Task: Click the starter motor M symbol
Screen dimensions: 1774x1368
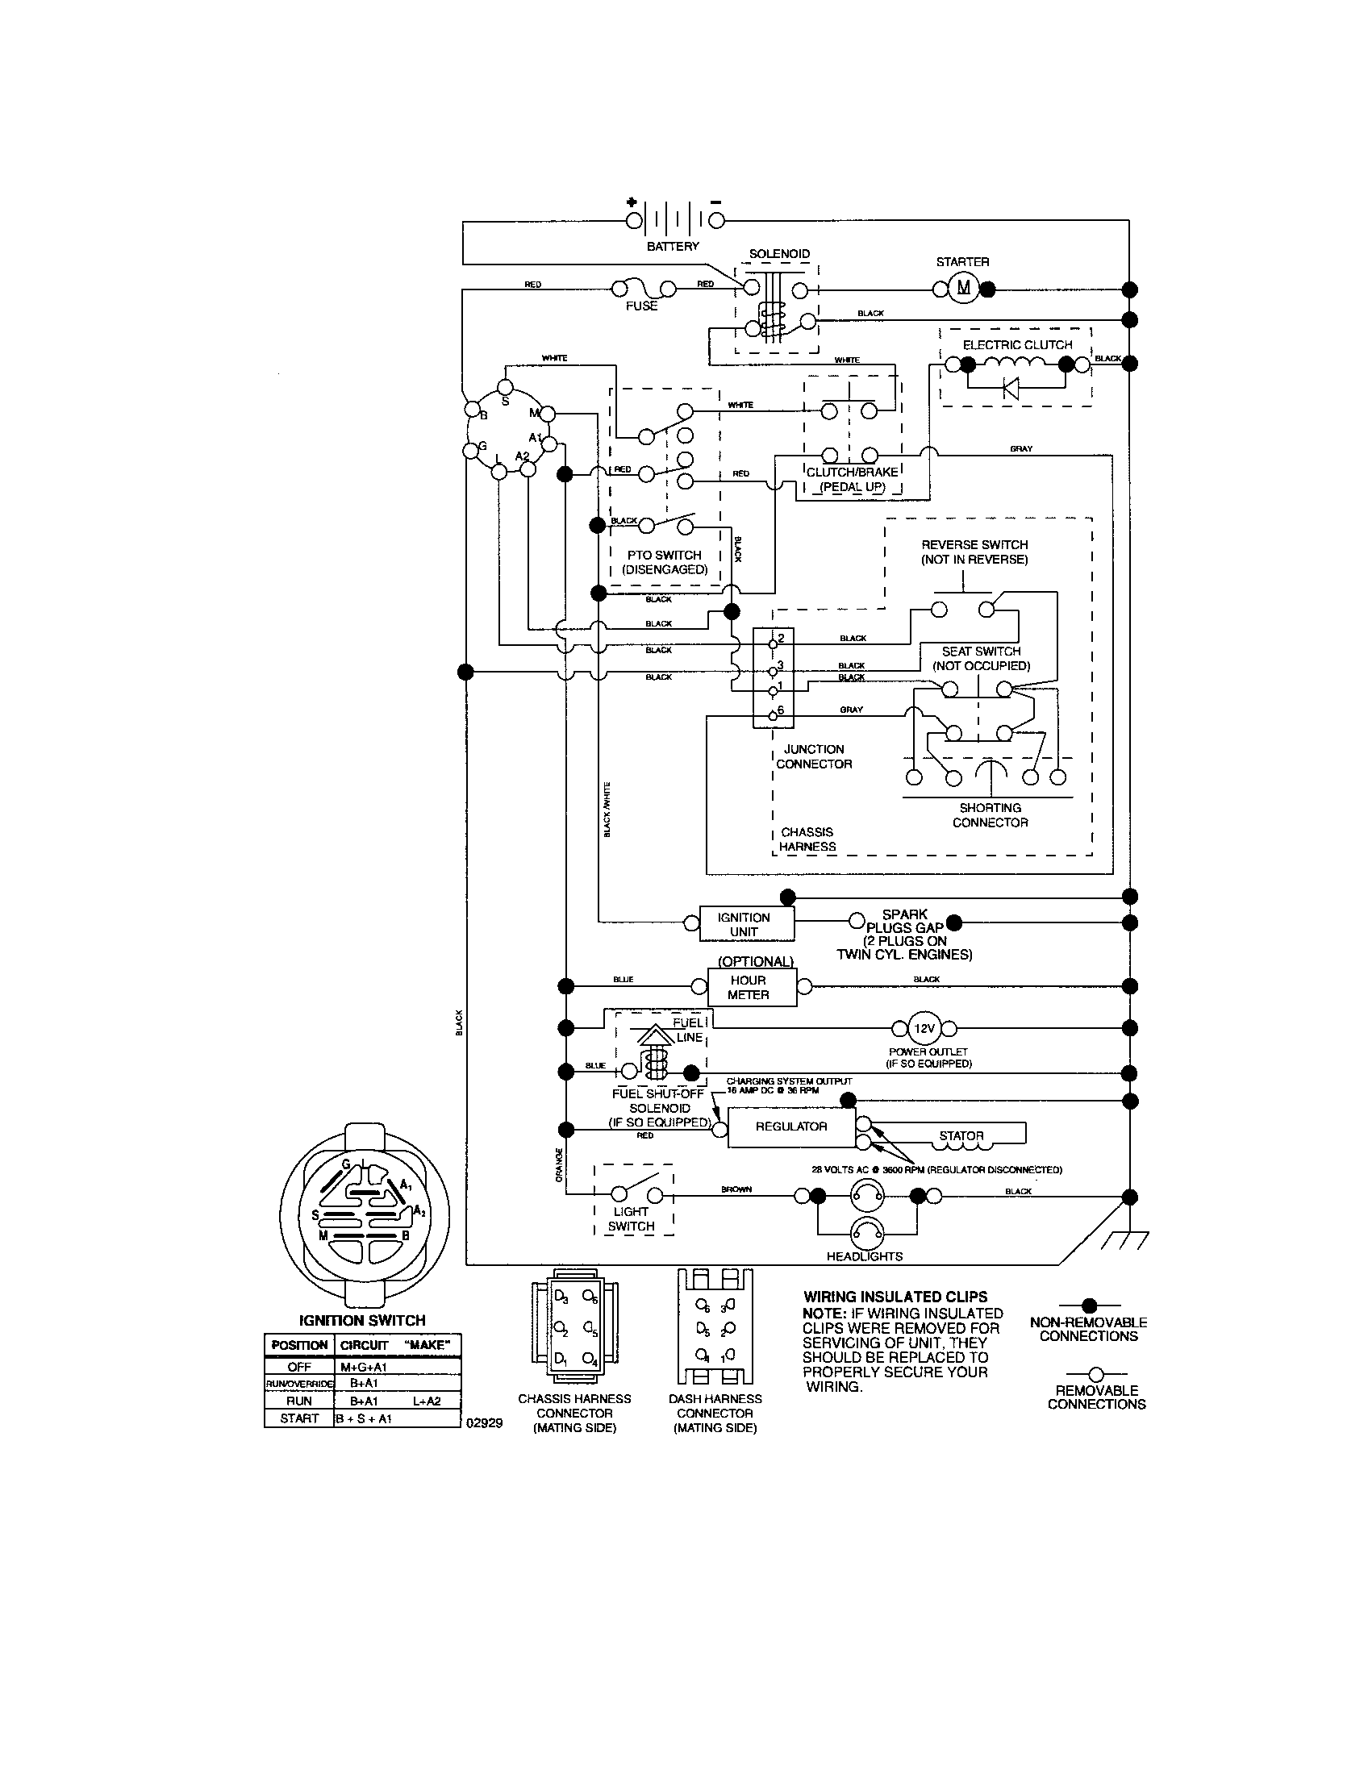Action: click(x=963, y=288)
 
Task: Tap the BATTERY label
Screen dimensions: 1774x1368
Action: click(x=673, y=246)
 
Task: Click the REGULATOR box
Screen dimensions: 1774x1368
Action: click(x=790, y=1126)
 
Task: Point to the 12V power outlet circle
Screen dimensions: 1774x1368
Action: click(x=924, y=1028)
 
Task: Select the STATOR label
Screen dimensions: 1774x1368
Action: click(x=961, y=1135)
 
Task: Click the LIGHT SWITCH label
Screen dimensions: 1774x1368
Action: click(x=632, y=1219)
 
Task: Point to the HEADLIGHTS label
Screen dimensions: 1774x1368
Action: click(x=865, y=1256)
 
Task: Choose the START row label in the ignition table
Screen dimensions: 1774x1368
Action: click(x=299, y=1418)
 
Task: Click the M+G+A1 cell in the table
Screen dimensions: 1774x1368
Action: click(x=363, y=1367)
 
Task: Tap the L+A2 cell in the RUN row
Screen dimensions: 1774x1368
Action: click(x=427, y=1401)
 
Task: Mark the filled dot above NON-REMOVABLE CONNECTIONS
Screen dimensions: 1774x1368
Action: click(x=1090, y=1306)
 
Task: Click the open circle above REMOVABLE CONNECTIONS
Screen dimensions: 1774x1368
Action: click(x=1096, y=1374)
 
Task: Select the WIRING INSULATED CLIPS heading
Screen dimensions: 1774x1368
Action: click(x=895, y=1297)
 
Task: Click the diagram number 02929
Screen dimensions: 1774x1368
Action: click(x=484, y=1423)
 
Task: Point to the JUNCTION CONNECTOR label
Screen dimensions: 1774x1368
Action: click(x=814, y=756)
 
